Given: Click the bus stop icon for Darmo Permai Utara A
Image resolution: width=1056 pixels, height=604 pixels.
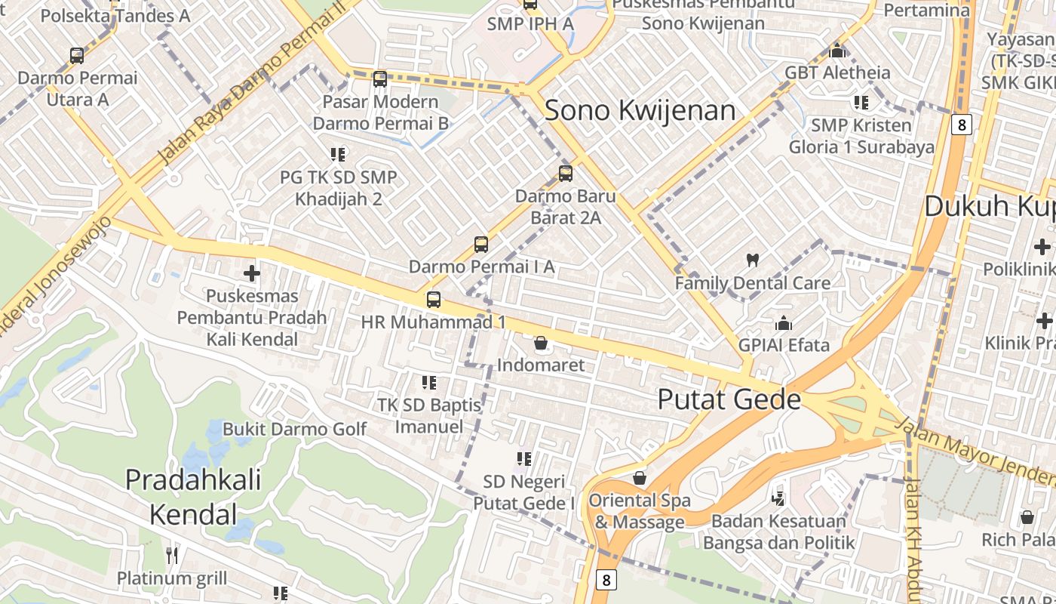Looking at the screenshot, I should pos(77,55).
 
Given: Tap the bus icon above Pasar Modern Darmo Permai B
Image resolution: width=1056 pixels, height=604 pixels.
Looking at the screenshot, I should pos(380,79).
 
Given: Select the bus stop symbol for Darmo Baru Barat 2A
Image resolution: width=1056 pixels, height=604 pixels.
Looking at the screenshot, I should pos(566,174).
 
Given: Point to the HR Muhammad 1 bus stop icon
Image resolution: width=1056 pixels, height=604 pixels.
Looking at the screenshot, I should pos(434,299).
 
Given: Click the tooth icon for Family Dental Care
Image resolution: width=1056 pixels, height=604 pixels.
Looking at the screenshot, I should pos(752,260).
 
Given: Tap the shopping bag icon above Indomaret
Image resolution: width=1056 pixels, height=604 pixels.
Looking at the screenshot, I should pos(541,344).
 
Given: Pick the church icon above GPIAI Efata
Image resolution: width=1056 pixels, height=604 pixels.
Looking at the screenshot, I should pos(784,323).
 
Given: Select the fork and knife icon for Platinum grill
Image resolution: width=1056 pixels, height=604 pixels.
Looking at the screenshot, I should pos(172,556).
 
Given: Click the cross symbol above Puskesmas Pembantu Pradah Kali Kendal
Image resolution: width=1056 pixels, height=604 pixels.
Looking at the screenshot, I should pos(252,273).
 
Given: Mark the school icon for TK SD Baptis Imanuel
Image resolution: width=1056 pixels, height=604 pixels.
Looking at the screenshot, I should pos(429,383).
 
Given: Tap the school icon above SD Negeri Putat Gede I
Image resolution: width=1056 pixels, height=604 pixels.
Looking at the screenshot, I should pos(524,458).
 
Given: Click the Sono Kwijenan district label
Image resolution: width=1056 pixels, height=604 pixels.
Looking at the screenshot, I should pos(640,110).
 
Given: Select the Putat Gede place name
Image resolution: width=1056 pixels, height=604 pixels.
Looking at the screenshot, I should pos(729,399).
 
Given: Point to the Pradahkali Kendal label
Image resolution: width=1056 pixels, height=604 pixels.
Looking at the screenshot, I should pos(193,497).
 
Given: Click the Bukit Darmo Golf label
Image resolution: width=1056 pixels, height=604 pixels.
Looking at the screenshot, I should pos(294,429).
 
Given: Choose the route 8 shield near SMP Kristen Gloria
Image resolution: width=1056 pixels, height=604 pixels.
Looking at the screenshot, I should pos(961,124).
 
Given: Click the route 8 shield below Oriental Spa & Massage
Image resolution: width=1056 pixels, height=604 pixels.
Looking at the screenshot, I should pos(606,580).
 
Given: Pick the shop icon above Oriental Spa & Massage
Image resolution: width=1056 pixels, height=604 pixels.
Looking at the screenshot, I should pos(640,478).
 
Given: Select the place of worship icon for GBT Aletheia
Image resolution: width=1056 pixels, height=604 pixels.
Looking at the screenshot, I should pos(837,51).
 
